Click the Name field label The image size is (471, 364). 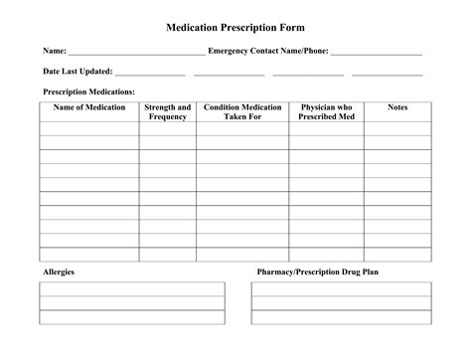(54, 51)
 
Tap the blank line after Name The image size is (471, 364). (136, 52)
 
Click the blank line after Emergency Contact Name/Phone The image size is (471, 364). (377, 52)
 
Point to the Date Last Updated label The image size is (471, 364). (77, 72)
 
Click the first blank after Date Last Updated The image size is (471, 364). (150, 73)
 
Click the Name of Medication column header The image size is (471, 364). (89, 107)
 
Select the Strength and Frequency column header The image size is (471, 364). (167, 111)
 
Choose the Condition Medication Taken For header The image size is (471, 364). (242, 111)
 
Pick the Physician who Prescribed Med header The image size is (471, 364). (326, 111)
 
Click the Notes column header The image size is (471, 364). (397, 107)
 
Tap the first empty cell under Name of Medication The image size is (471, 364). (89, 128)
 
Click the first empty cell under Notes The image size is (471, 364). (397, 128)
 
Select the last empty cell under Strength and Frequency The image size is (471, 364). (167, 254)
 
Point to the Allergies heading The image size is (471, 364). (58, 272)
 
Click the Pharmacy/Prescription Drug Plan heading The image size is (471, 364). (317, 272)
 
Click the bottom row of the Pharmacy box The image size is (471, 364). (341, 317)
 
